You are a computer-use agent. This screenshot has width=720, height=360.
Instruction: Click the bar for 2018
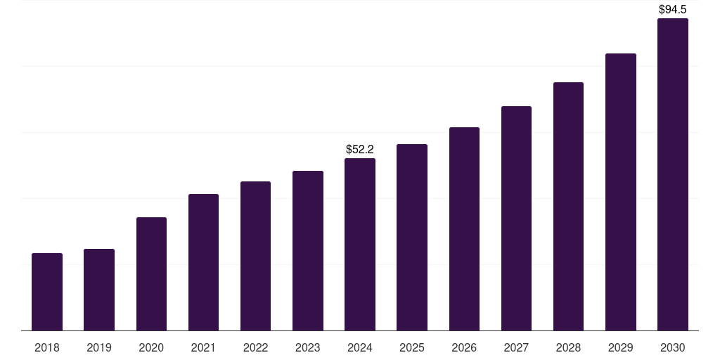tap(47, 292)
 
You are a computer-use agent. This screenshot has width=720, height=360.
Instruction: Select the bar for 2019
tap(99, 290)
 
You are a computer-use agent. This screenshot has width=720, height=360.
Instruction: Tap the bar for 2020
tap(151, 274)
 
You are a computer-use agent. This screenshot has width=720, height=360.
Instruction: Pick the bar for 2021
tap(203, 262)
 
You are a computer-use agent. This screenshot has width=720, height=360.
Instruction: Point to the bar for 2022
tap(255, 256)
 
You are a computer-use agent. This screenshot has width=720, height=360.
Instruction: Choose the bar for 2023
tap(308, 251)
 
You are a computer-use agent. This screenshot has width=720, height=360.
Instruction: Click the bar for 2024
tap(360, 245)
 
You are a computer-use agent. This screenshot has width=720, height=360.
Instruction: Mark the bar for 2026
tap(464, 229)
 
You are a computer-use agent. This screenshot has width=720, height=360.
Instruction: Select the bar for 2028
tap(568, 207)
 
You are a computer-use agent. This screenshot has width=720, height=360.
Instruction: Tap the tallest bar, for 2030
tap(673, 174)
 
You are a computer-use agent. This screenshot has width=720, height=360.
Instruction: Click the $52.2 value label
tap(360, 149)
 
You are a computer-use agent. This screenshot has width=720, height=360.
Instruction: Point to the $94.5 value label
tap(673, 9)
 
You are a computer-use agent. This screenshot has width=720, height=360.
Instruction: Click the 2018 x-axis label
tap(47, 347)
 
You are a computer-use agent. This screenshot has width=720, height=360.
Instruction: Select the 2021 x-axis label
tap(203, 347)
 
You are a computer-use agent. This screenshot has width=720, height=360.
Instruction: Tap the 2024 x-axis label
tap(360, 347)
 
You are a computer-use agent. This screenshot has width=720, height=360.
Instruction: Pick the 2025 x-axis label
tap(412, 347)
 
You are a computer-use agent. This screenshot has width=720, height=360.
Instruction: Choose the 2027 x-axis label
tap(516, 347)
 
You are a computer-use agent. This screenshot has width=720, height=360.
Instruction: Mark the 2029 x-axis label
tap(620, 347)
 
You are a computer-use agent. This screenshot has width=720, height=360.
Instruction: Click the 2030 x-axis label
tap(673, 347)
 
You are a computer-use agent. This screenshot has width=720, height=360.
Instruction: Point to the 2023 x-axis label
tap(308, 347)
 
